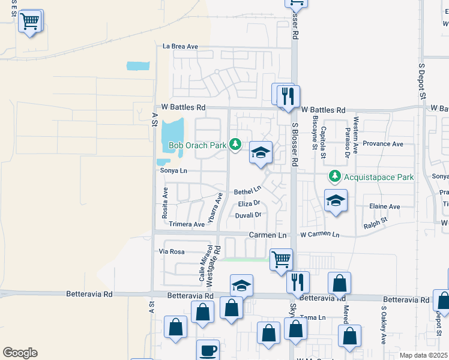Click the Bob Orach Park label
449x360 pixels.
click(x=197, y=145)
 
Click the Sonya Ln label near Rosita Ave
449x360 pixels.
click(x=174, y=171)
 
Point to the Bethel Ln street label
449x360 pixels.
click(x=248, y=191)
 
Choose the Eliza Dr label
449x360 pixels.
click(x=249, y=204)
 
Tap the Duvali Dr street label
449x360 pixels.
click(x=249, y=215)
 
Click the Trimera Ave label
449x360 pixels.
click(x=187, y=224)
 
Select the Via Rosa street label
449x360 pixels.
click(x=172, y=251)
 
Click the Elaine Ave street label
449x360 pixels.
click(x=385, y=206)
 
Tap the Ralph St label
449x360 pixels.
click(x=376, y=226)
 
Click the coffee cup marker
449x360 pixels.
click(x=208, y=350)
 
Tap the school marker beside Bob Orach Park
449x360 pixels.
click(x=261, y=153)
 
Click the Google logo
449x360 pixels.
click(x=20, y=353)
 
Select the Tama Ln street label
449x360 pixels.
click(x=313, y=317)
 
